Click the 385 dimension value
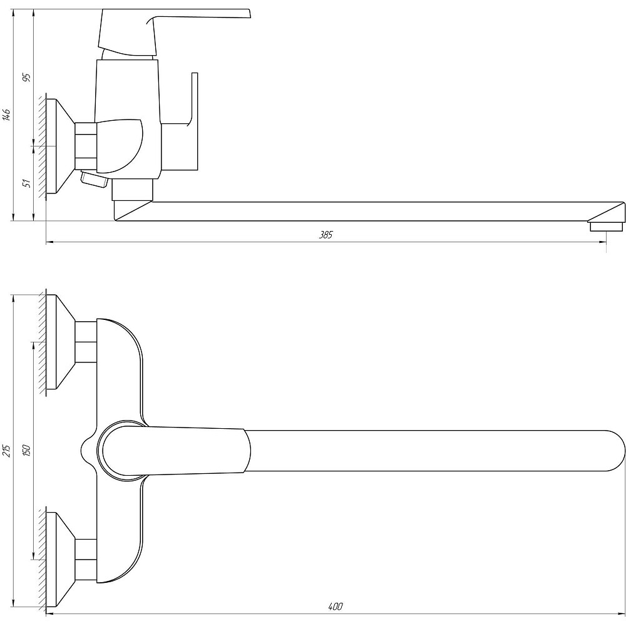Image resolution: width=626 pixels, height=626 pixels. [x=326, y=235]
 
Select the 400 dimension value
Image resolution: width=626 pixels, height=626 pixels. [x=336, y=607]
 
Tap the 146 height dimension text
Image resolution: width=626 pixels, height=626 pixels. [x=6, y=115]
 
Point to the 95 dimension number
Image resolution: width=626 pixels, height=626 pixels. [x=27, y=78]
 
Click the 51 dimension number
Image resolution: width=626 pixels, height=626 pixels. [x=27, y=183]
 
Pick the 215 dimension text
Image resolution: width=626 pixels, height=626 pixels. [x=6, y=450]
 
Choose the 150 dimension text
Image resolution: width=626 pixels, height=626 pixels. [x=27, y=450]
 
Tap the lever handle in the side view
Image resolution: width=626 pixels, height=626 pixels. [x=174, y=32]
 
